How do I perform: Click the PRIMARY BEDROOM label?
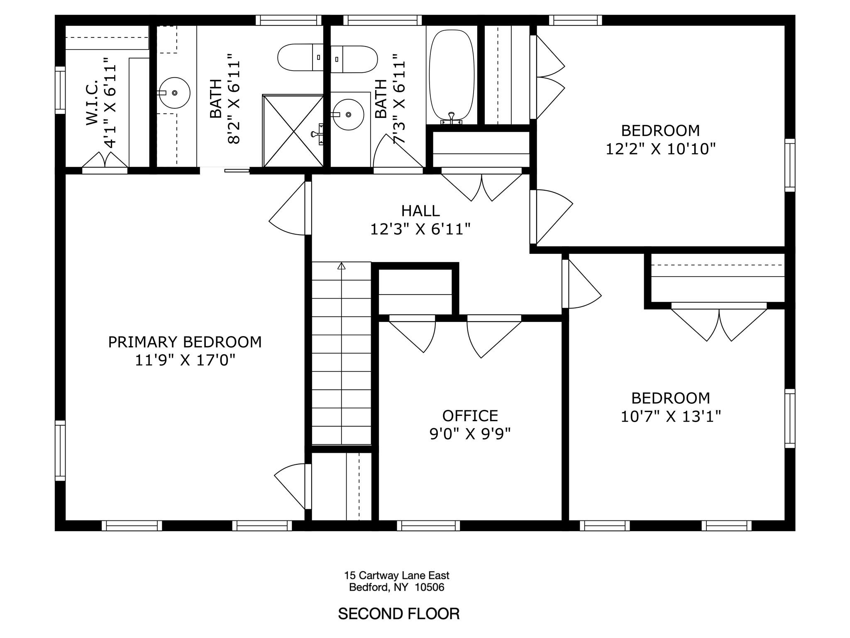tap(185, 342)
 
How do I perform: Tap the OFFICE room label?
tap(470, 416)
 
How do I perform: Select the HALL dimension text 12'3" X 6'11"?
tap(420, 229)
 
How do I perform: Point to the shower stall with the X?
tap(293, 131)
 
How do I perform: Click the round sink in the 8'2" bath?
tap(174, 93)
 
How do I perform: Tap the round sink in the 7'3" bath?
tap(349, 114)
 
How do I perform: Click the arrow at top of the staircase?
tap(341, 266)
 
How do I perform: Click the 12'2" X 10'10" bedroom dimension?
tap(660, 149)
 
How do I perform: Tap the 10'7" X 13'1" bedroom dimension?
tap(670, 416)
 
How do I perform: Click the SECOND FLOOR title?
tap(398, 613)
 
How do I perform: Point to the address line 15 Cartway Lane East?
tap(396, 575)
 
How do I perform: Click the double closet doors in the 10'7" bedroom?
tap(719, 322)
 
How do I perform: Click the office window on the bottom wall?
tap(428, 525)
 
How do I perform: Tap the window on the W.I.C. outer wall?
tap(60, 90)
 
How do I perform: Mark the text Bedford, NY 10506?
tap(396, 587)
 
